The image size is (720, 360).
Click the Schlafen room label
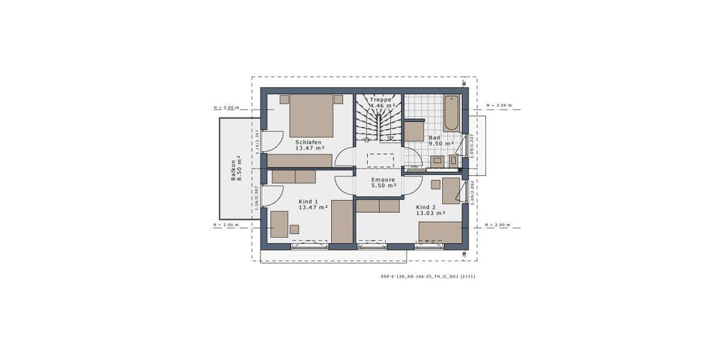pyautogui.click(x=309, y=142)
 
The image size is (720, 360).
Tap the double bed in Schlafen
pyautogui.click(x=311, y=115)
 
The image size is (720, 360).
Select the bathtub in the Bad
pyautogui.click(x=452, y=113)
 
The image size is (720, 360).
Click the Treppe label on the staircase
pyautogui.click(x=380, y=100)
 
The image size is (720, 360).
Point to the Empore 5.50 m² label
pyautogui.click(x=383, y=182)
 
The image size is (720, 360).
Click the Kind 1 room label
pyautogui.click(x=308, y=202)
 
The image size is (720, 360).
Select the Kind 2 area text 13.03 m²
pyautogui.click(x=430, y=213)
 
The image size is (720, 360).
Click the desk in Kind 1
pyautogui.click(x=278, y=224)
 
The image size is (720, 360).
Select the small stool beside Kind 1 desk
pyautogui.click(x=294, y=229)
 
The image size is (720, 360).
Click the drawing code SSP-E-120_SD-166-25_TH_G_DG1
pyautogui.click(x=428, y=277)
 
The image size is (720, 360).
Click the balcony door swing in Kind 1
pyautogui.click(x=274, y=194)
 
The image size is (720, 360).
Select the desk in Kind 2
pyautogui.click(x=450, y=191)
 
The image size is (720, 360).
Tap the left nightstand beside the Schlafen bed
pyautogui.click(x=284, y=99)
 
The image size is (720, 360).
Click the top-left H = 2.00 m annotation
pyautogui.click(x=226, y=108)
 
